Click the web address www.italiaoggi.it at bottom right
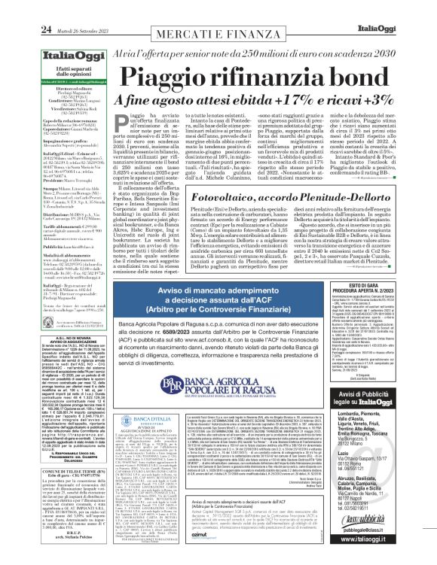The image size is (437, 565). pyautogui.click(x=399, y=552)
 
